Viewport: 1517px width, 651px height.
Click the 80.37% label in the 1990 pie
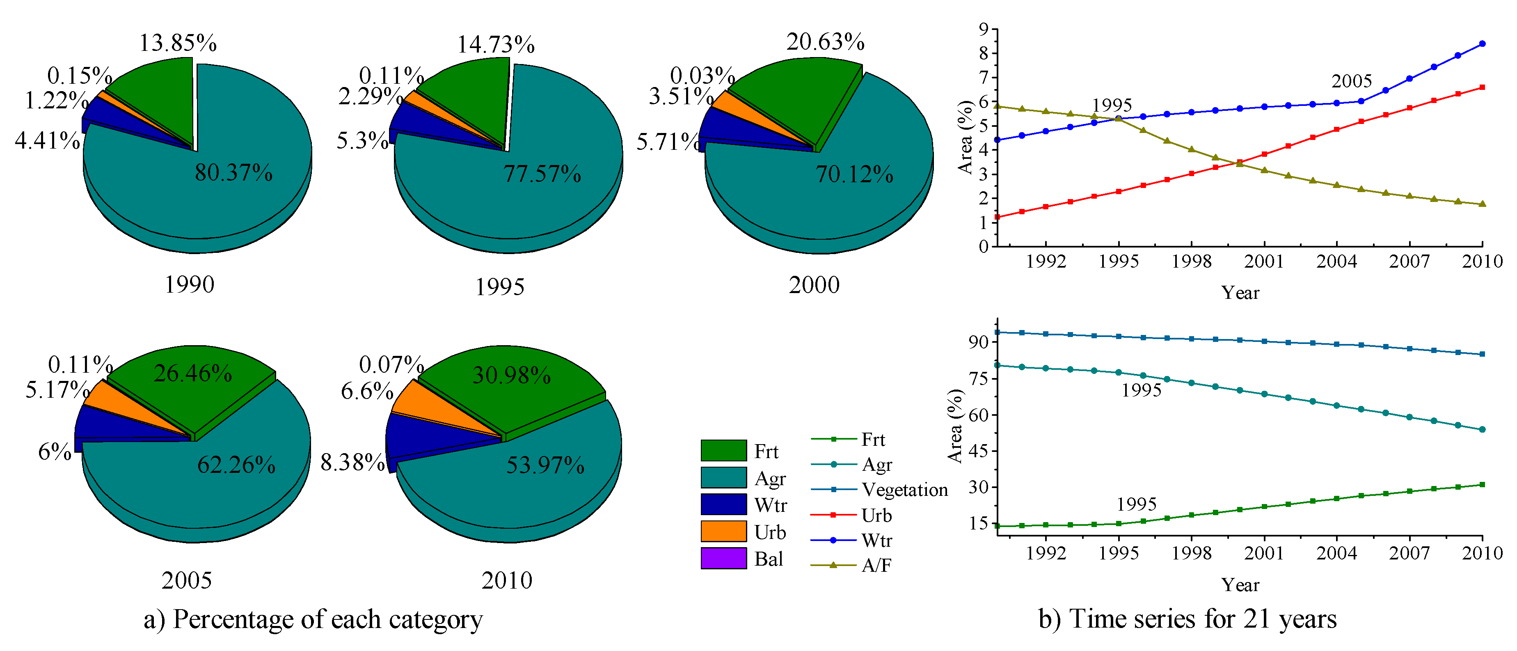tap(234, 173)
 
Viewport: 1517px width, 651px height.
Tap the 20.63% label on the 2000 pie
tap(825, 42)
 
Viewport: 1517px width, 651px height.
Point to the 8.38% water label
tap(352, 463)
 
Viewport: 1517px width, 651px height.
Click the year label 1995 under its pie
tap(499, 287)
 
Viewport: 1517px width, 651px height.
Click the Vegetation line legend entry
tap(904, 490)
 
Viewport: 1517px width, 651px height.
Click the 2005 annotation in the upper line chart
tap(1352, 81)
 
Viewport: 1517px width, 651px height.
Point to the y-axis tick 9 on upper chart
tap(983, 28)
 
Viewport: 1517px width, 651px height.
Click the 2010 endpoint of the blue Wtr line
tap(1482, 44)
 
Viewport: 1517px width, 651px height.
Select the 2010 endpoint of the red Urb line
tap(1482, 87)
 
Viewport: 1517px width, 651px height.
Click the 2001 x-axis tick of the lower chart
tap(1264, 552)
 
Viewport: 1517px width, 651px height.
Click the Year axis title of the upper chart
tap(1240, 293)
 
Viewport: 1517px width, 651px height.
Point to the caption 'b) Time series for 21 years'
tap(1187, 619)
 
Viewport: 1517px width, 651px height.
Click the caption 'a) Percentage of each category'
tap(313, 619)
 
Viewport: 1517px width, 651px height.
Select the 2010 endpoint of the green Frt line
tap(1482, 484)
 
